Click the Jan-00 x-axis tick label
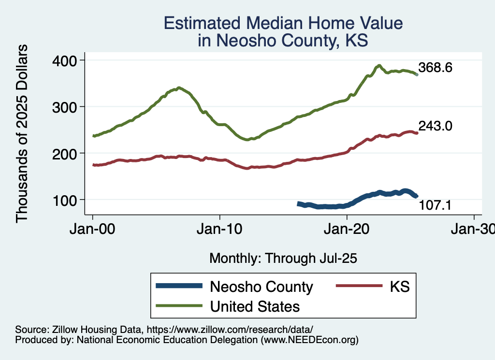coord(93,229)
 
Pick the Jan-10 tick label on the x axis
coord(220,229)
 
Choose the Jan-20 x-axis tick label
coord(347,229)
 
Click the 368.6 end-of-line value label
coord(435,68)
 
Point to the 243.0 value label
coord(435,127)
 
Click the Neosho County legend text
coord(261,287)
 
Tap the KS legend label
coord(400,287)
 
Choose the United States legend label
coord(255,306)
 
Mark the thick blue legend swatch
coord(179,287)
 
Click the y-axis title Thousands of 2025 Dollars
coord(22,134)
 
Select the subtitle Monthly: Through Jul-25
coord(283,259)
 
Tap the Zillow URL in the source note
coord(230,330)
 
